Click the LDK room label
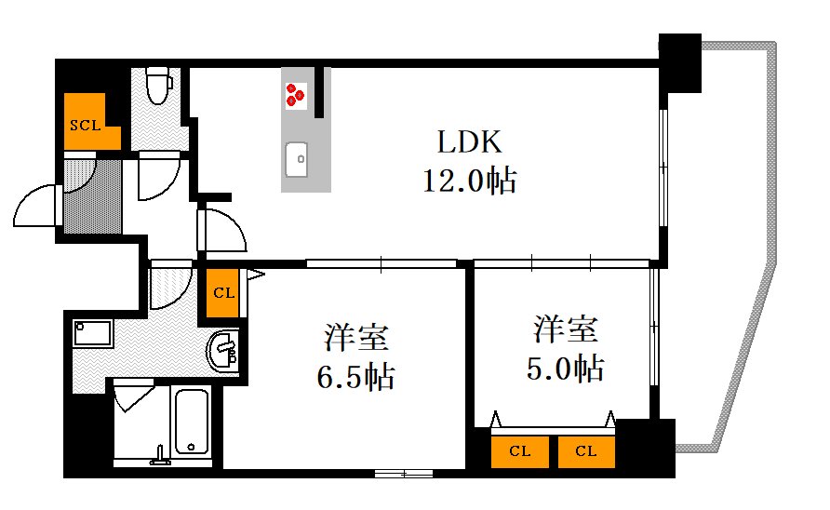point(470,142)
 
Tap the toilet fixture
point(160,86)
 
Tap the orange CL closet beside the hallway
point(223,292)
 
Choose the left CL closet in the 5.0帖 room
point(520,451)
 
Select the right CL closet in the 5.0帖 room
point(586,451)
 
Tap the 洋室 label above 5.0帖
point(565,329)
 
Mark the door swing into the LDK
point(223,230)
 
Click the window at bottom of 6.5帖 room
point(404,474)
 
